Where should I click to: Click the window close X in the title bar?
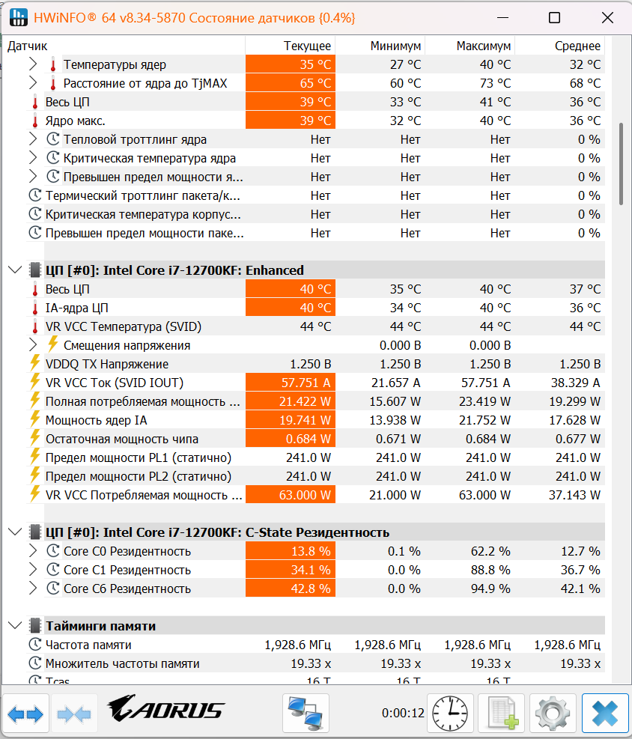pos(607,18)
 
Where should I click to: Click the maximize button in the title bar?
pos(555,18)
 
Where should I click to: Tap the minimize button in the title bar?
pos(503,18)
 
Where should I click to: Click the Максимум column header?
pos(484,46)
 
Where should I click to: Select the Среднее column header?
pos(577,46)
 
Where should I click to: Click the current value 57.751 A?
pos(306,383)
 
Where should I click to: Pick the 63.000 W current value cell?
pos(305,495)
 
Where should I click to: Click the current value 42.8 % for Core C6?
pos(311,589)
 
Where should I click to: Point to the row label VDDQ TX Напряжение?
pos(107,364)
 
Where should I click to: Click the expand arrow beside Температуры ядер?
pos(32,64)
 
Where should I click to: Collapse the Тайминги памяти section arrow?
pos(15,625)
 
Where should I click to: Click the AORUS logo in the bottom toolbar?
pos(165,709)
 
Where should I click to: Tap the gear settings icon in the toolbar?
pos(553,714)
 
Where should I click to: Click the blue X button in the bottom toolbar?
pos(605,713)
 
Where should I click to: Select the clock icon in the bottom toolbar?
pos(450,714)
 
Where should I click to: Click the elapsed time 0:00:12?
pos(403,713)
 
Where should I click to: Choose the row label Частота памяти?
pos(88,645)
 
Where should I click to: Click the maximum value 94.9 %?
pos(490,589)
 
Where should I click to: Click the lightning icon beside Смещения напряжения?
pos(52,344)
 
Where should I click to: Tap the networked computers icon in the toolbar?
pos(305,713)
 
